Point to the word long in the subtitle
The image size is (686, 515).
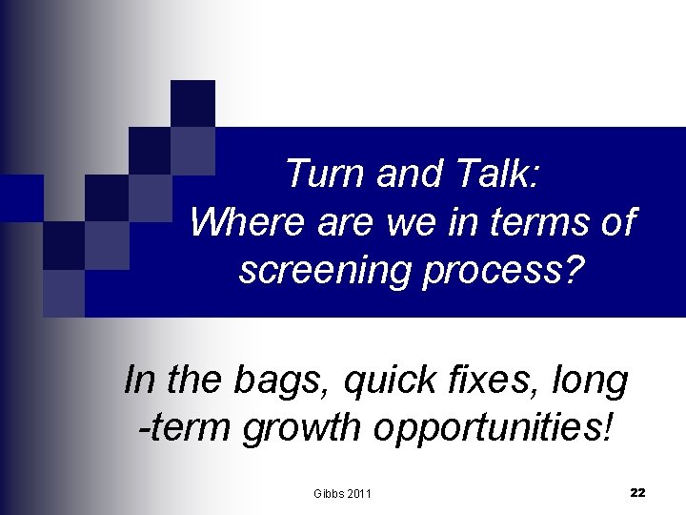(x=594, y=381)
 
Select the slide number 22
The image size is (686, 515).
(x=637, y=492)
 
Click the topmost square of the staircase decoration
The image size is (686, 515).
(x=192, y=103)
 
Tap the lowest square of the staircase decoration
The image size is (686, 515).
(x=64, y=293)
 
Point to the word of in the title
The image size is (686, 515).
(x=615, y=223)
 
